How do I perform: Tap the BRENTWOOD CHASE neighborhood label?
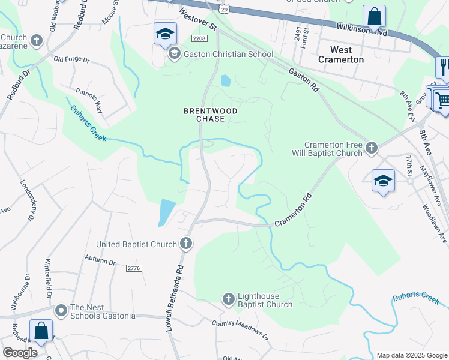coord(210,115)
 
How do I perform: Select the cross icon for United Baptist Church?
coord(186,244)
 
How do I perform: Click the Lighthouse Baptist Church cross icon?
coord(228,299)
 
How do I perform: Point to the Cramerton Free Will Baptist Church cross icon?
coord(372,148)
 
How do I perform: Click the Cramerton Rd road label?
coord(294,210)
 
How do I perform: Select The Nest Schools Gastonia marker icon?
coord(61,311)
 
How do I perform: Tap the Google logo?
coord(19,353)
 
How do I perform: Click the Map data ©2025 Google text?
coord(411,355)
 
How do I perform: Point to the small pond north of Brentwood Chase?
coord(226,81)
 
